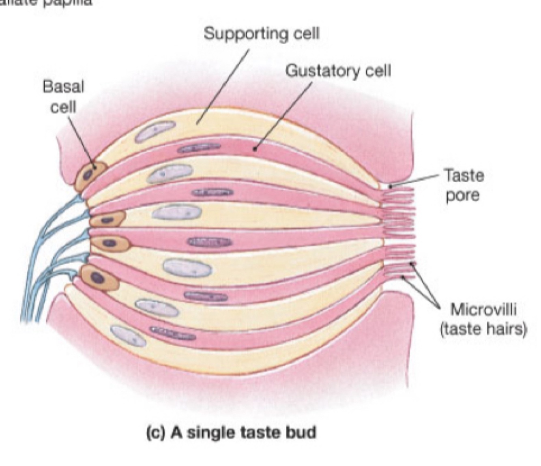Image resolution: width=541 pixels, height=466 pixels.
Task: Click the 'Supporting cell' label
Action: tap(262, 33)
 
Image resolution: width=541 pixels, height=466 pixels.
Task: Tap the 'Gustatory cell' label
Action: tap(338, 71)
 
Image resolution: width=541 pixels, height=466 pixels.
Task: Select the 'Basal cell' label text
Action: tap(63, 97)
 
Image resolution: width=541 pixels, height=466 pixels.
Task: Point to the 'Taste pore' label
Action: tap(464, 185)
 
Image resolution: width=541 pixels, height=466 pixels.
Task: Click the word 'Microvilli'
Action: tap(483, 309)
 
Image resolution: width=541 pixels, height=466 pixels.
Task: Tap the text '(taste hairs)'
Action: tap(483, 329)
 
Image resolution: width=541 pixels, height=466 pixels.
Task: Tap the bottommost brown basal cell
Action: tap(99, 277)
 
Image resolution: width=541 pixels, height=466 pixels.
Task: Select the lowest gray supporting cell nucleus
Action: tap(128, 336)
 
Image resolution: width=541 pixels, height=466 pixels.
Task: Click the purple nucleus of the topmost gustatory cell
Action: tap(199, 148)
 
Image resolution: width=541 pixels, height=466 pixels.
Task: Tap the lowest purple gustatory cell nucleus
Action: tap(173, 333)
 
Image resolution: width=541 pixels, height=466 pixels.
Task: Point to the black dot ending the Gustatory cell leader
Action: tap(255, 148)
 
